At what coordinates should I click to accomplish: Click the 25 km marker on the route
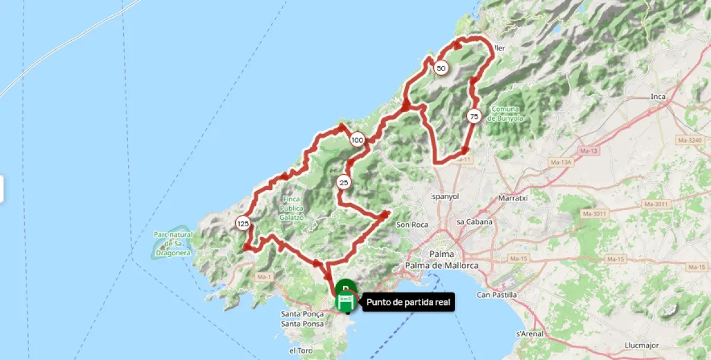coord(344,182)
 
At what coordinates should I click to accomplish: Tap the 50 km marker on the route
coord(441,68)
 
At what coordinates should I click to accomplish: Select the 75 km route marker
coord(473,117)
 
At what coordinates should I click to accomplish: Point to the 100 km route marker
coord(357,140)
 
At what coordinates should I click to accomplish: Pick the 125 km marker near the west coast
coord(242,223)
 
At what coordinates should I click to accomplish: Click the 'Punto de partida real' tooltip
coord(409,303)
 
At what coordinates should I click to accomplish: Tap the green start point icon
coord(345,301)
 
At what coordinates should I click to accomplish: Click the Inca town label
coord(658,97)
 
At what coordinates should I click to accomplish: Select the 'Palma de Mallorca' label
coord(441,266)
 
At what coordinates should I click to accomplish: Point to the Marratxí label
coord(513,198)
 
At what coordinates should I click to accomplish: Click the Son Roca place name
coord(412,224)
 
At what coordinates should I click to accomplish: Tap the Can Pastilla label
coord(497,294)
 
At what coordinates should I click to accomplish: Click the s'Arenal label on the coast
coord(530,334)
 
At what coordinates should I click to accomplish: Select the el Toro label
coord(300,351)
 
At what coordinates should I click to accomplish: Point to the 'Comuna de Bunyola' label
coord(504,113)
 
